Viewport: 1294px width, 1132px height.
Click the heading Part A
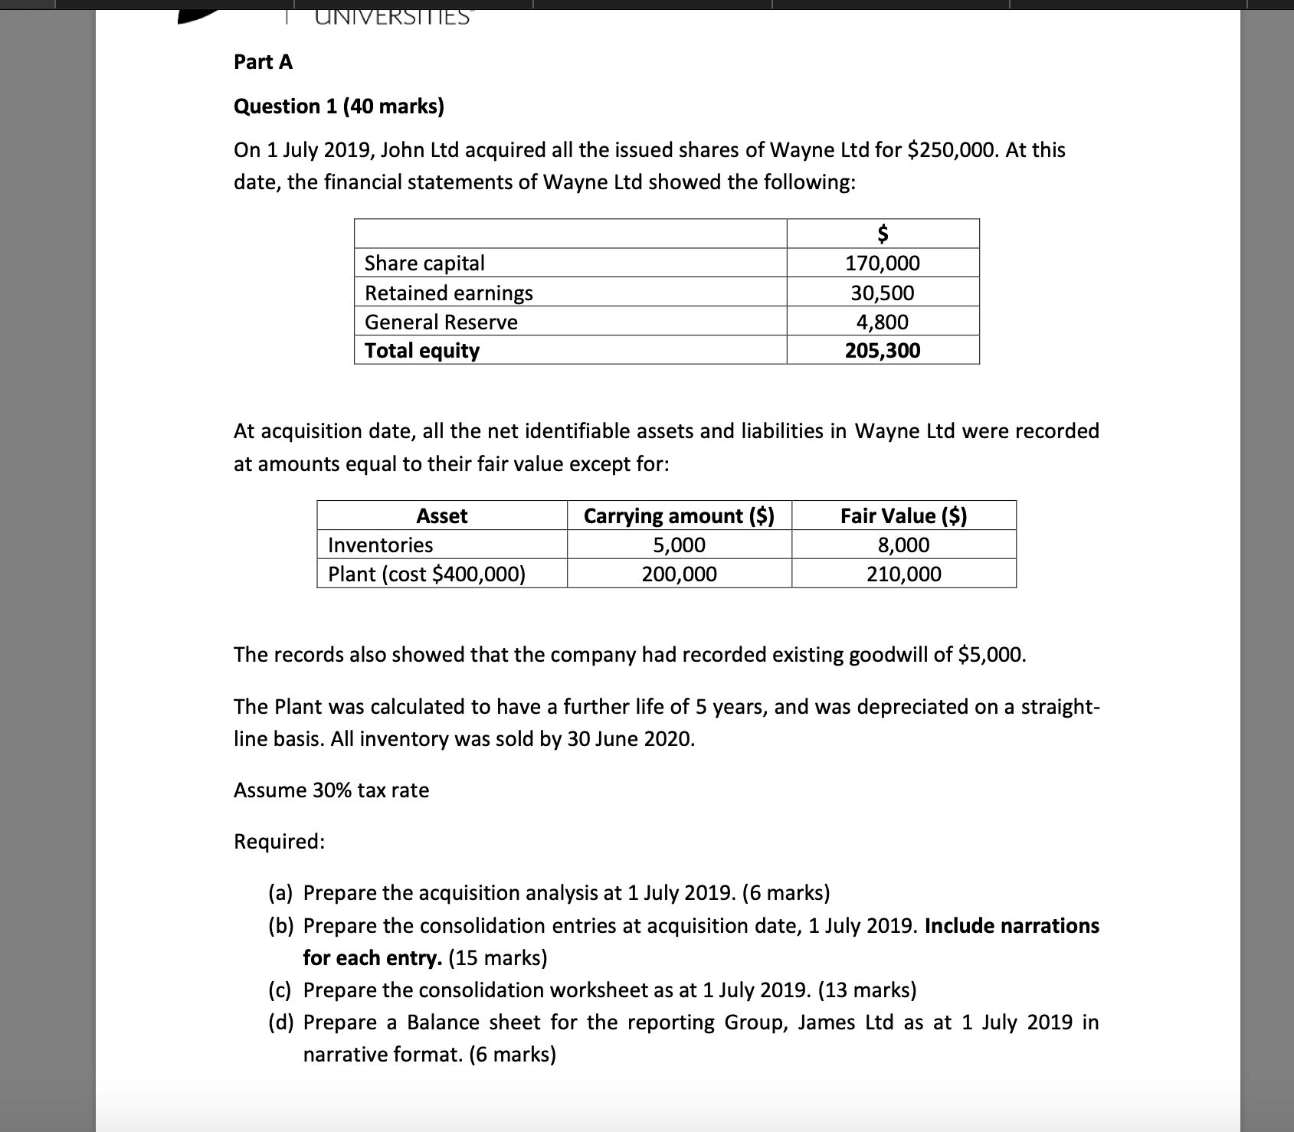point(263,62)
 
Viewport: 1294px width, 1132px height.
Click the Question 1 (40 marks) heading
point(339,106)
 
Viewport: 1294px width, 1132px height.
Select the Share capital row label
point(424,263)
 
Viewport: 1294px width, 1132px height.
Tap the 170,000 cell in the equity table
point(883,263)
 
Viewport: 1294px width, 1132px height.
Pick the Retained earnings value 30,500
point(883,293)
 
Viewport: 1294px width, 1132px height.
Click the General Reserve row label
point(441,322)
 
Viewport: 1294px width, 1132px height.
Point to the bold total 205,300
point(883,351)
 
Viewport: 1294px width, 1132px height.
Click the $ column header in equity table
point(883,232)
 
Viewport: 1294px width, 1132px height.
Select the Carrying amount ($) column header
point(679,515)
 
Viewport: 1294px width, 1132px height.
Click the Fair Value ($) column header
point(903,515)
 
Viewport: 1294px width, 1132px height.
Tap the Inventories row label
point(380,545)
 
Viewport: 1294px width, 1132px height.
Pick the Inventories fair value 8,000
point(903,545)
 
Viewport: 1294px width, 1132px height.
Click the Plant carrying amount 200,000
point(679,574)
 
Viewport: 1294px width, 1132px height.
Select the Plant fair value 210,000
point(903,574)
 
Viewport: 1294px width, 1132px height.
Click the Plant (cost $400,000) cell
point(427,574)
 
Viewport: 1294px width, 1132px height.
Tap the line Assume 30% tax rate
point(331,790)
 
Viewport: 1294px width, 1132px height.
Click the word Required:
point(279,841)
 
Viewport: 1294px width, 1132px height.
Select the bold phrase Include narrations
point(1011,925)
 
